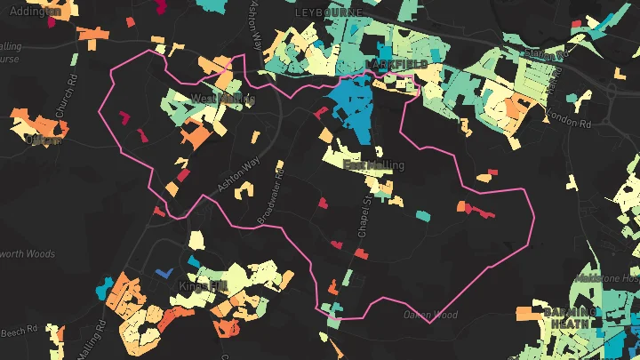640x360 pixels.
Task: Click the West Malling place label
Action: (221, 99)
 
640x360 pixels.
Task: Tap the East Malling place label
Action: (373, 166)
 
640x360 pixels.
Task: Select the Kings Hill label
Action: (204, 286)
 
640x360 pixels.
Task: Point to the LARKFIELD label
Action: (396, 66)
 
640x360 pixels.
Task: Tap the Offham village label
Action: (44, 140)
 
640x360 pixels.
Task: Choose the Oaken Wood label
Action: (429, 315)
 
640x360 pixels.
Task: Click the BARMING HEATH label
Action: (569, 318)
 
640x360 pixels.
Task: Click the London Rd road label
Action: (570, 116)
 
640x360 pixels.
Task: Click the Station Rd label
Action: (546, 56)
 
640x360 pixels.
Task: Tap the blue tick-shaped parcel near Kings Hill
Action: (162, 274)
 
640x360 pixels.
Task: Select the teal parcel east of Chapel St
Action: (423, 215)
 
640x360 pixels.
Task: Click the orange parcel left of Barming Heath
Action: (527, 314)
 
